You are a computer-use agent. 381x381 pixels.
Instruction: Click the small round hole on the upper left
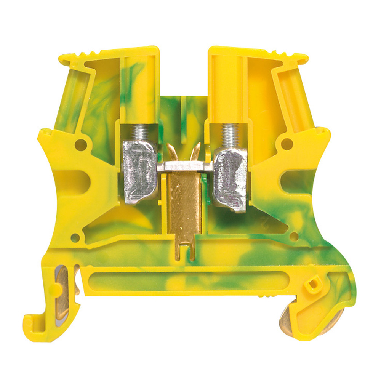[x=81, y=144]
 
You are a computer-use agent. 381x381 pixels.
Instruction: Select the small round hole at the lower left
[x=75, y=238]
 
